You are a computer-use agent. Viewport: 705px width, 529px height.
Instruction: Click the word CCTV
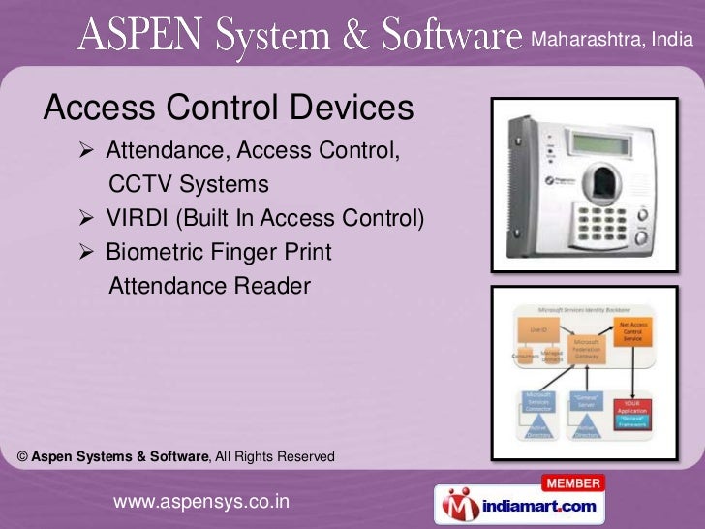pyautogui.click(x=140, y=184)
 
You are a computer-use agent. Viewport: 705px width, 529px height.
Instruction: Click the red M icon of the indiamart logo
pyautogui.click(x=457, y=506)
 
